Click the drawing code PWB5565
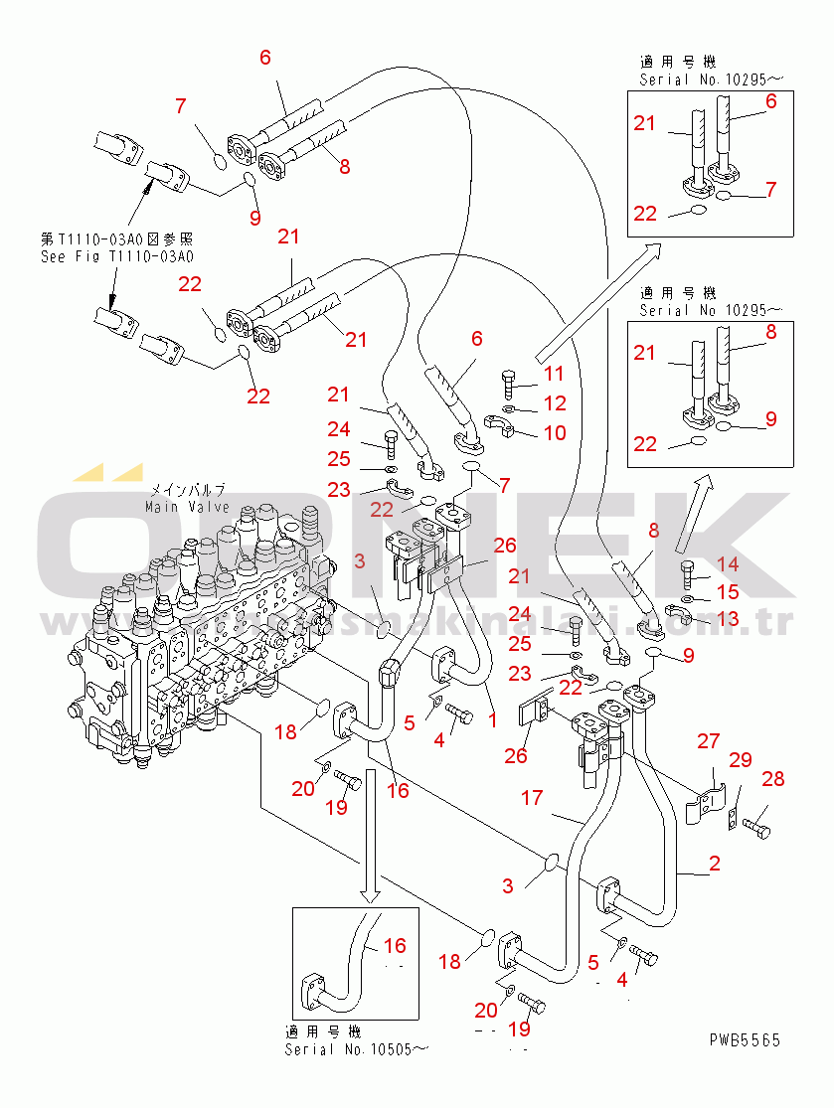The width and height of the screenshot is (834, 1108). tap(745, 1040)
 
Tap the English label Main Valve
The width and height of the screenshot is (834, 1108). tap(187, 507)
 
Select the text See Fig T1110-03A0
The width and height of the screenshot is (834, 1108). tap(116, 255)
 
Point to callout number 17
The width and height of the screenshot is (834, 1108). tap(532, 797)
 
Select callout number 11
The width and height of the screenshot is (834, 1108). tap(554, 374)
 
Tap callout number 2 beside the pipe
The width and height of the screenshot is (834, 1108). tap(715, 864)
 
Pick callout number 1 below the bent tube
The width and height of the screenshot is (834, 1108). tap(491, 718)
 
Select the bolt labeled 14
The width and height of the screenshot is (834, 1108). tap(689, 574)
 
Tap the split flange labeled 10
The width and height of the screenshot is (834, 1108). tap(504, 427)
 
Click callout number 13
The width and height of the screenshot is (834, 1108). tap(728, 618)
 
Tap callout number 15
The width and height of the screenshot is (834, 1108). tap(728, 592)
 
